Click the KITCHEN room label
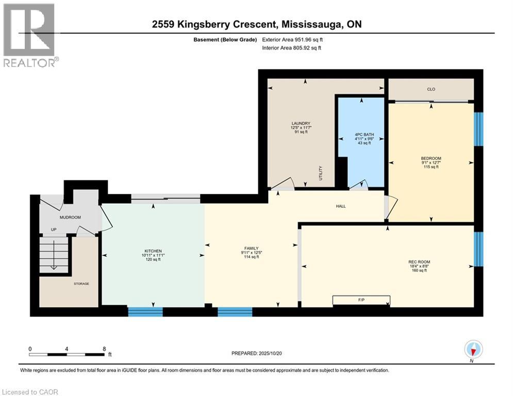(x=153, y=251)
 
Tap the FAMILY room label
(x=251, y=249)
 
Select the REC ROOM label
(x=419, y=262)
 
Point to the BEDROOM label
(x=431, y=158)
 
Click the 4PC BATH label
(x=365, y=135)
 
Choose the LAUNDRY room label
(x=301, y=123)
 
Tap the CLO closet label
(x=431, y=89)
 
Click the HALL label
(x=341, y=206)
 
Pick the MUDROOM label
(x=70, y=217)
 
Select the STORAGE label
(x=81, y=284)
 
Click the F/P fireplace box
(x=361, y=300)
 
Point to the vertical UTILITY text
(x=321, y=173)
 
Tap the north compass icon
(x=473, y=349)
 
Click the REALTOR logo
(x=30, y=35)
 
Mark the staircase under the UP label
(x=54, y=254)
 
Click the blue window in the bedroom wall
(x=478, y=129)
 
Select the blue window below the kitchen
(x=145, y=311)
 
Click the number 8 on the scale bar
(x=104, y=349)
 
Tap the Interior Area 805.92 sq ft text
(x=291, y=48)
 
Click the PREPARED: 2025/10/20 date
(x=257, y=353)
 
